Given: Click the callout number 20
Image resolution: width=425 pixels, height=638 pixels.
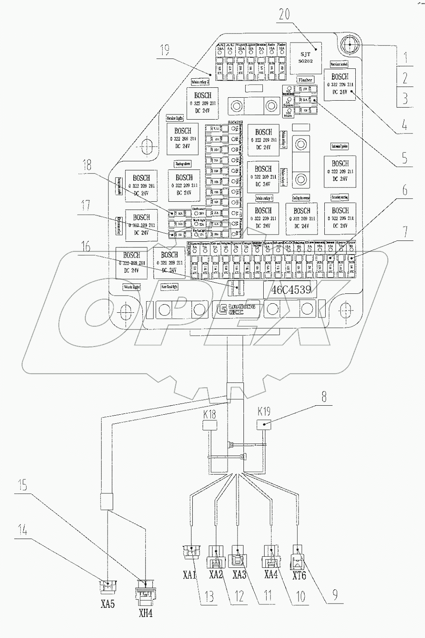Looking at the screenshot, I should (x=296, y=15).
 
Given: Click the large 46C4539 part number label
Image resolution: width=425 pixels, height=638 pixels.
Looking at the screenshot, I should (x=291, y=290).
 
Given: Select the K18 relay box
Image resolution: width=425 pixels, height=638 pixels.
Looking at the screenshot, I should (x=209, y=425).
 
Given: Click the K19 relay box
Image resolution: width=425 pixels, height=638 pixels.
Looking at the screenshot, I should (x=264, y=425).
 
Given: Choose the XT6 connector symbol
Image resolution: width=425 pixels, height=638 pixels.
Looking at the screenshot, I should (x=299, y=553).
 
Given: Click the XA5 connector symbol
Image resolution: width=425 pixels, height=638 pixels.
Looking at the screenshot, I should (x=108, y=586).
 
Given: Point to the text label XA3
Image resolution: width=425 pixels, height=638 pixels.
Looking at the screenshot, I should (x=240, y=575).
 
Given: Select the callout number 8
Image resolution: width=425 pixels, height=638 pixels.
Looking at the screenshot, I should (x=324, y=398).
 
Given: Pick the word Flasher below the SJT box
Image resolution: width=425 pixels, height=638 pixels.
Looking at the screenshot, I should (x=305, y=80).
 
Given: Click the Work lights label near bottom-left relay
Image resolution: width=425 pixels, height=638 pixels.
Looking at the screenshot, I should (x=132, y=287).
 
